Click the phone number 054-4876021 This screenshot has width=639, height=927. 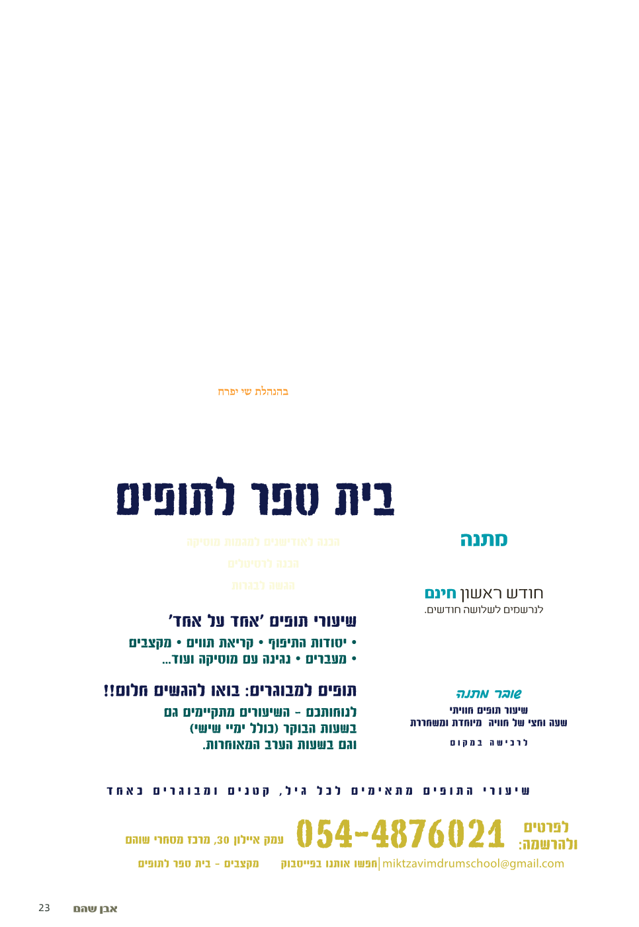400,833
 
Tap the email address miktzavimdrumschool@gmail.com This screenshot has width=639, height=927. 474,864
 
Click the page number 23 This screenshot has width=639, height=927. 44,908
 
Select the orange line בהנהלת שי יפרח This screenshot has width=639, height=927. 253,392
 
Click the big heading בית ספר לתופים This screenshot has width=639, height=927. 255,498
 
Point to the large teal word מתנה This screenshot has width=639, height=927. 484,540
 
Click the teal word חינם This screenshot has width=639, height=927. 440,593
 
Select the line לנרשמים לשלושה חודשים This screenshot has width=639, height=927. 484,610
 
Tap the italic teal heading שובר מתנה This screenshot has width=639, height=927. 489,694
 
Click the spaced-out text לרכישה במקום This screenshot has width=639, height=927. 489,743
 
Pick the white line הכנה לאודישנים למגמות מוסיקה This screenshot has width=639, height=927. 263,542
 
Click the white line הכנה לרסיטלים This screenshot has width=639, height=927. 263,564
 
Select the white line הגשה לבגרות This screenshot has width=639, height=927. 263,586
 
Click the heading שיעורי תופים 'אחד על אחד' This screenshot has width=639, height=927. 263,621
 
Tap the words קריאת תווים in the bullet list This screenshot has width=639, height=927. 220,643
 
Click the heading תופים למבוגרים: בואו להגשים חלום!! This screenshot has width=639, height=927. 230,691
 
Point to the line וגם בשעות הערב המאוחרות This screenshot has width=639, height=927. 279,745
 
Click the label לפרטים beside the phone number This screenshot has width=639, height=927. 546,827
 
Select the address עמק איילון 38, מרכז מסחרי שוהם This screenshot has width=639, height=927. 205,840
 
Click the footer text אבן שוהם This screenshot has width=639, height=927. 95,909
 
